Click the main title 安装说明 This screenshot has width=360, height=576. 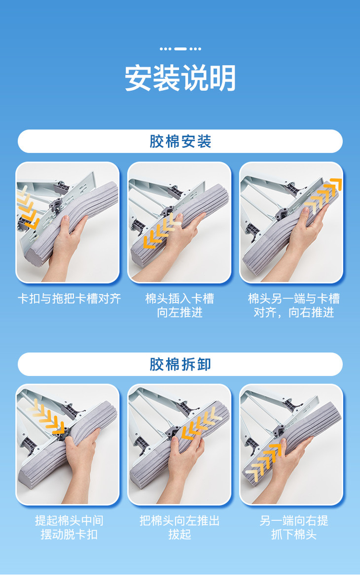click(x=180, y=78)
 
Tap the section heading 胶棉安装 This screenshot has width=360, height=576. click(x=180, y=141)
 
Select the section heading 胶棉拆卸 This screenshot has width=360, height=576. click(x=180, y=365)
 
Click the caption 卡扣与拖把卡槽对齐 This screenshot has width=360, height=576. click(x=69, y=299)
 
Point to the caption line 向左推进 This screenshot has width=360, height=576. click(x=180, y=312)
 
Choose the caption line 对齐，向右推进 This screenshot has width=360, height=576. click(x=294, y=312)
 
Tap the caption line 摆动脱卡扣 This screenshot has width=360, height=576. click(x=69, y=535)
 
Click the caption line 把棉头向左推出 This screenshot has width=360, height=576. click(x=180, y=520)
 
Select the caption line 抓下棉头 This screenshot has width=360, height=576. click(x=294, y=535)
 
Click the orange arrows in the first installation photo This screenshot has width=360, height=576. click(x=28, y=207)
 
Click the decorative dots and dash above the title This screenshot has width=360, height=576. click(x=180, y=48)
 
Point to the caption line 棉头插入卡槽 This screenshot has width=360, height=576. click(x=180, y=299)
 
